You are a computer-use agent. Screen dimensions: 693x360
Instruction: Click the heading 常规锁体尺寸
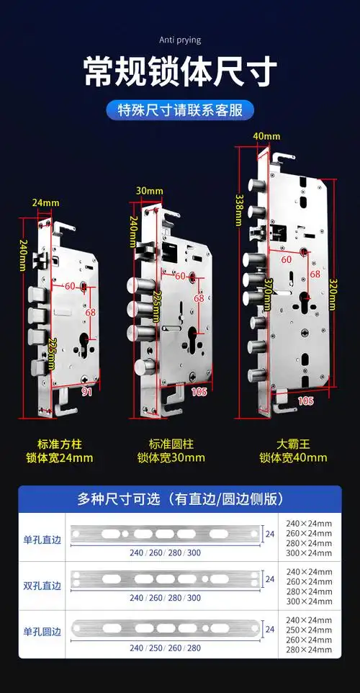(180, 72)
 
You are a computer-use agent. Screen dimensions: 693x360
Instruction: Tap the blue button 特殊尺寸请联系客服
(180, 110)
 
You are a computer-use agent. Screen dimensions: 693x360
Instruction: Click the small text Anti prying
(180, 40)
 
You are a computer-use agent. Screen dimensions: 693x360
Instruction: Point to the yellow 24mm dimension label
(45, 202)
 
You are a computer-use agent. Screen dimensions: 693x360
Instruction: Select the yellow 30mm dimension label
(149, 190)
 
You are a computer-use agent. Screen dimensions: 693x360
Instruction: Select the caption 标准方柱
(61, 444)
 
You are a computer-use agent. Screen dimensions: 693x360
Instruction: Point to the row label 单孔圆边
(42, 632)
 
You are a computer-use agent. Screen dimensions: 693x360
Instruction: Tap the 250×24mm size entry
(310, 630)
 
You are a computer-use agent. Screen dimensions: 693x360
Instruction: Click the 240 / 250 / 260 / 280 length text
(166, 647)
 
